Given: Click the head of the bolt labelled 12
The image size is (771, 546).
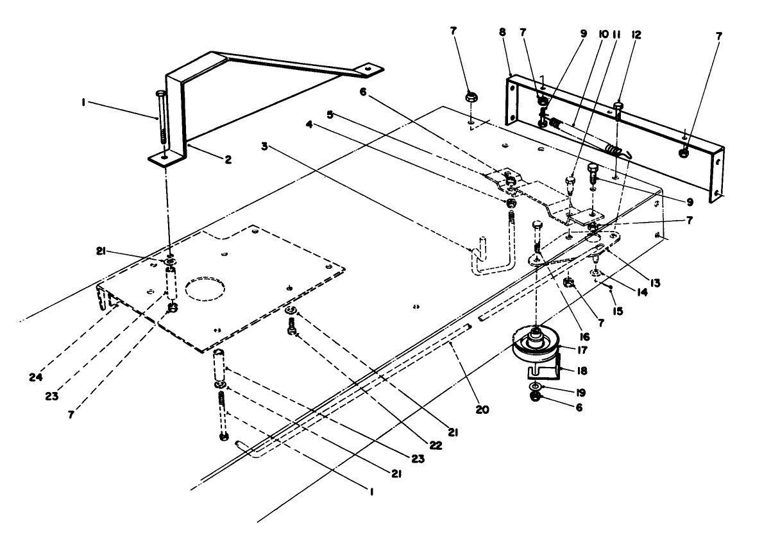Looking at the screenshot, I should [619, 105].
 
